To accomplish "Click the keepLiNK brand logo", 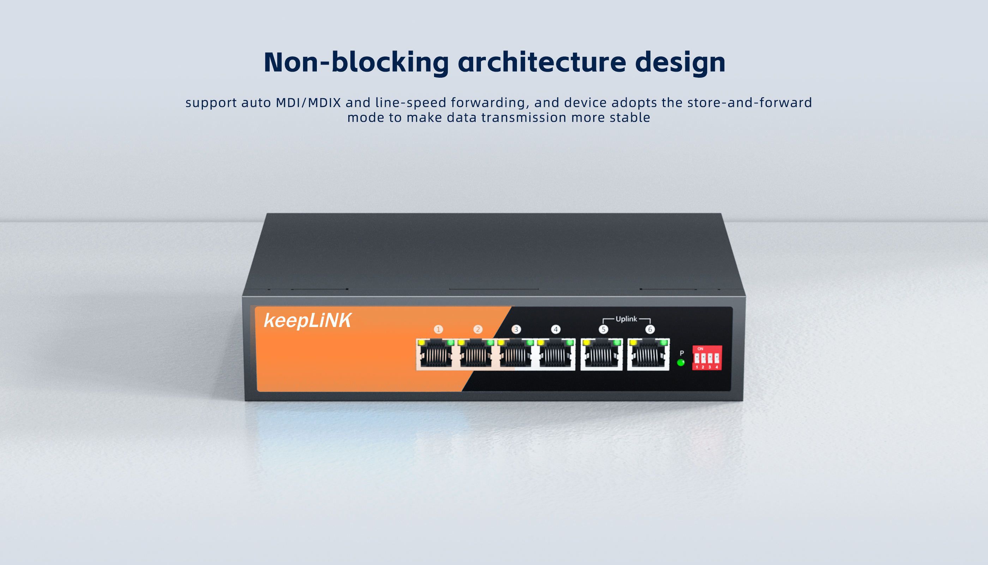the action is (307, 321).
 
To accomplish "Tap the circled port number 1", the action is (438, 329).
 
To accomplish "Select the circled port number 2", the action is (478, 329).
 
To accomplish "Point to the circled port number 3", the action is (516, 329).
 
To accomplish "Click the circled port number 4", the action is (556, 329).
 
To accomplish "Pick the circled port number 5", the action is (603, 329).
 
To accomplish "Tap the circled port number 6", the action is (650, 329).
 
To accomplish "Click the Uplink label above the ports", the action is (626, 319).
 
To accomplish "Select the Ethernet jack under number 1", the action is (436, 354).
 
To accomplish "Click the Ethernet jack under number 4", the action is (556, 354).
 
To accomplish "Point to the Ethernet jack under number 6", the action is (648, 354).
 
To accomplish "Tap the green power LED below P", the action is (681, 363).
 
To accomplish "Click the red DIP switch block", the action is (707, 358).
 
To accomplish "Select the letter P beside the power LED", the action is (682, 353).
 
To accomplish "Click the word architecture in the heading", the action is (542, 62).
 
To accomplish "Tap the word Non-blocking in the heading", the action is (356, 62).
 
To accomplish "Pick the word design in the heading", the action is (680, 63).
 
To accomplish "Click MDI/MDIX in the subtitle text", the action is (308, 103).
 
